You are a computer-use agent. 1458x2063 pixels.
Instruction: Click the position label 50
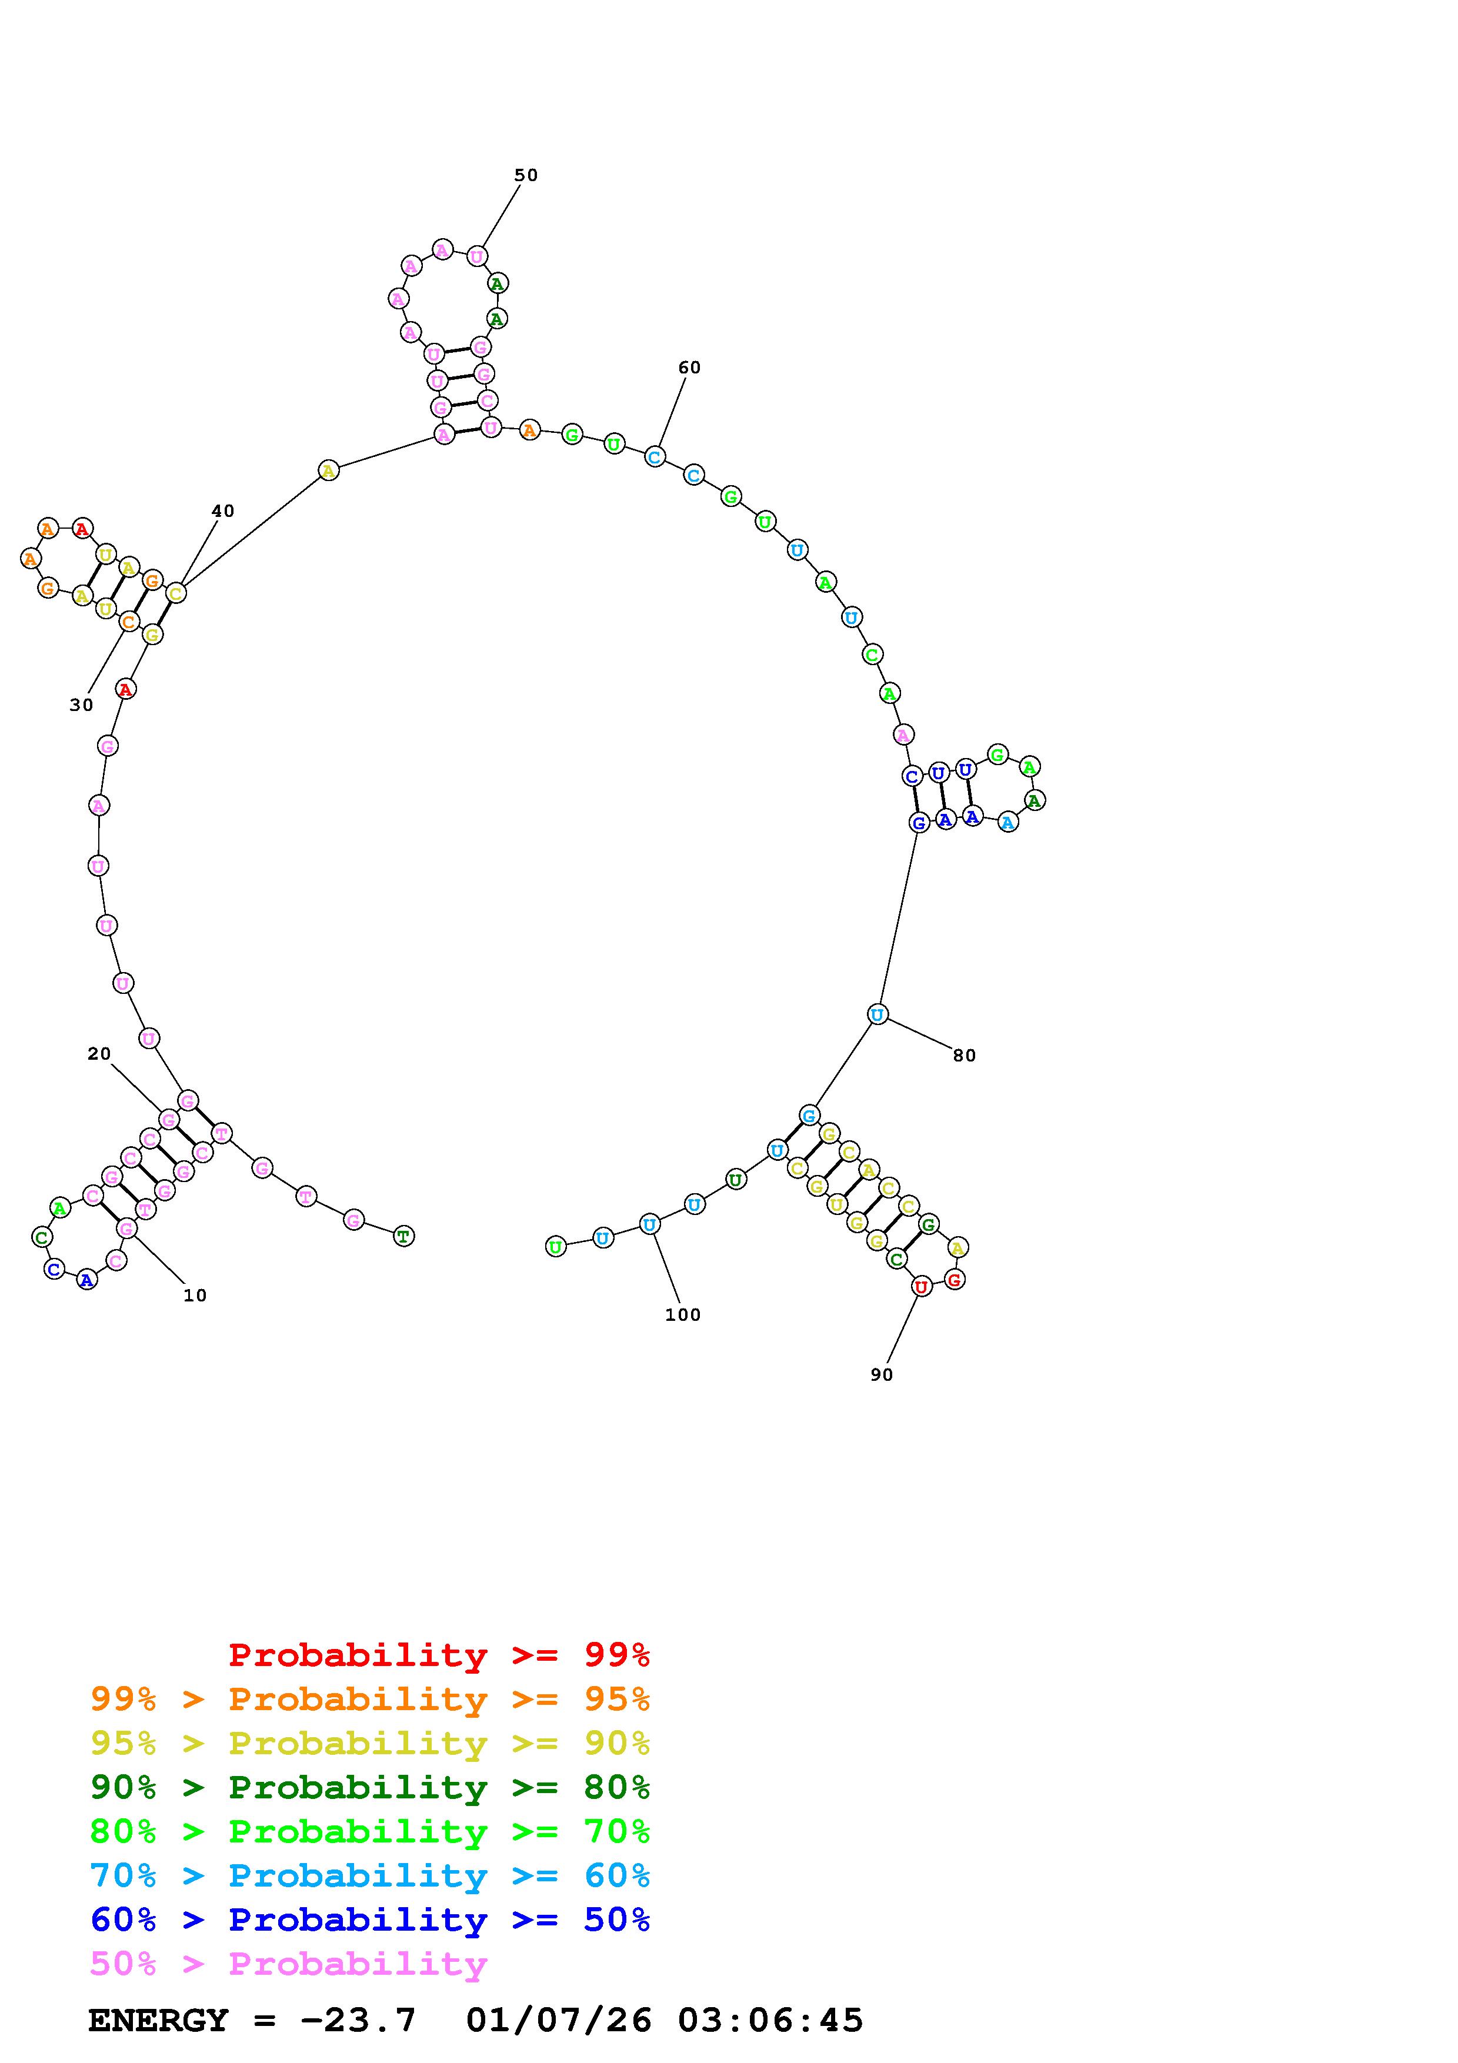[x=526, y=175]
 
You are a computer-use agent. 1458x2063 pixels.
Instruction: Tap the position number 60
[x=689, y=368]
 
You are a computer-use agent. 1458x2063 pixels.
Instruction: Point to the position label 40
[x=223, y=511]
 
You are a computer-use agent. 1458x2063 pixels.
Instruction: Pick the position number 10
[x=195, y=1296]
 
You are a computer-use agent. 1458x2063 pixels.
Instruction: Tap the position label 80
[x=964, y=1056]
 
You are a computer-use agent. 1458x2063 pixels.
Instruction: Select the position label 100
[x=683, y=1314]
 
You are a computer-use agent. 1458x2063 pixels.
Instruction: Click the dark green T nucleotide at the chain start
[x=404, y=1236]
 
